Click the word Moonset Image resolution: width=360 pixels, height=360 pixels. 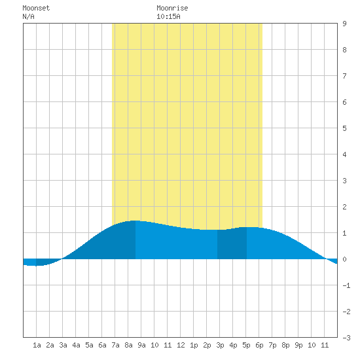[36, 8]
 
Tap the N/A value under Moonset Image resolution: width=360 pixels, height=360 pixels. [28, 16]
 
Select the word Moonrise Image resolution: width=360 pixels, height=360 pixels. [172, 8]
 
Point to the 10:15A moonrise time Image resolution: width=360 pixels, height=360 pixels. [168, 16]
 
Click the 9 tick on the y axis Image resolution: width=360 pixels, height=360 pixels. [344, 24]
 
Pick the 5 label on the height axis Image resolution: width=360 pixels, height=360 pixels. [344, 128]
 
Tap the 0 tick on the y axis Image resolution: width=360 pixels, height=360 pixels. [344, 259]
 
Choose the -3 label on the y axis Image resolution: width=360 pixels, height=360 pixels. [346, 338]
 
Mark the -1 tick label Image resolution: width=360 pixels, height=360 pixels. [346, 285]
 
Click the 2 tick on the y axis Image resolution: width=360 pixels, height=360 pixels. [344, 207]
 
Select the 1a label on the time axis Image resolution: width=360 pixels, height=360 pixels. [37, 345]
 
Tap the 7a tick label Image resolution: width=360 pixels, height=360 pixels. [115, 345]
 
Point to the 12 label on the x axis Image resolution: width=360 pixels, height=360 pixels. [181, 345]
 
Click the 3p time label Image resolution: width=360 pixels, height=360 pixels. [220, 345]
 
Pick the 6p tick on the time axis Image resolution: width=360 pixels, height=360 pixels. [259, 345]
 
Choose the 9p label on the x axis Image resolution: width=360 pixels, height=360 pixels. [298, 345]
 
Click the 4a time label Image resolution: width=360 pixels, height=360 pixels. [76, 345]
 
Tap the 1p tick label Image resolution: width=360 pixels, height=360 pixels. [194, 345]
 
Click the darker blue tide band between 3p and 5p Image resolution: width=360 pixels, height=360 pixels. [232, 244]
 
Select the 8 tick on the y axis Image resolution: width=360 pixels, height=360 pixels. [344, 50]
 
